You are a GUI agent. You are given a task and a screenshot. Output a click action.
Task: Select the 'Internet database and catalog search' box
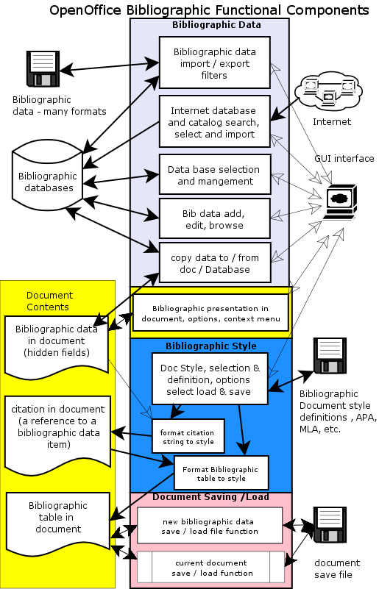[215, 122]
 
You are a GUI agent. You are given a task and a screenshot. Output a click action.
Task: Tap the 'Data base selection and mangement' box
[215, 175]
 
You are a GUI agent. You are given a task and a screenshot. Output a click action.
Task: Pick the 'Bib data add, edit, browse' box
[215, 219]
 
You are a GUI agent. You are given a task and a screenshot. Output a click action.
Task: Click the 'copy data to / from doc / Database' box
[215, 263]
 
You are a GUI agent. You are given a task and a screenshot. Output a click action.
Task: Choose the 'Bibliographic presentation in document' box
[210, 313]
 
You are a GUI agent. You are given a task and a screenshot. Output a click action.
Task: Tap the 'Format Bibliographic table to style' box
[221, 474]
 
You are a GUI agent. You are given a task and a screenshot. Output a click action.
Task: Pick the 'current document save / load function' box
[210, 568]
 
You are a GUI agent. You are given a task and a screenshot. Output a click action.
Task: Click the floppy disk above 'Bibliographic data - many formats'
[42, 68]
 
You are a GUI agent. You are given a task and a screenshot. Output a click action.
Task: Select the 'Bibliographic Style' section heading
[210, 346]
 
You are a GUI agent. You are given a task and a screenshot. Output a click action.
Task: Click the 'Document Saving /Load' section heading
[211, 498]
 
